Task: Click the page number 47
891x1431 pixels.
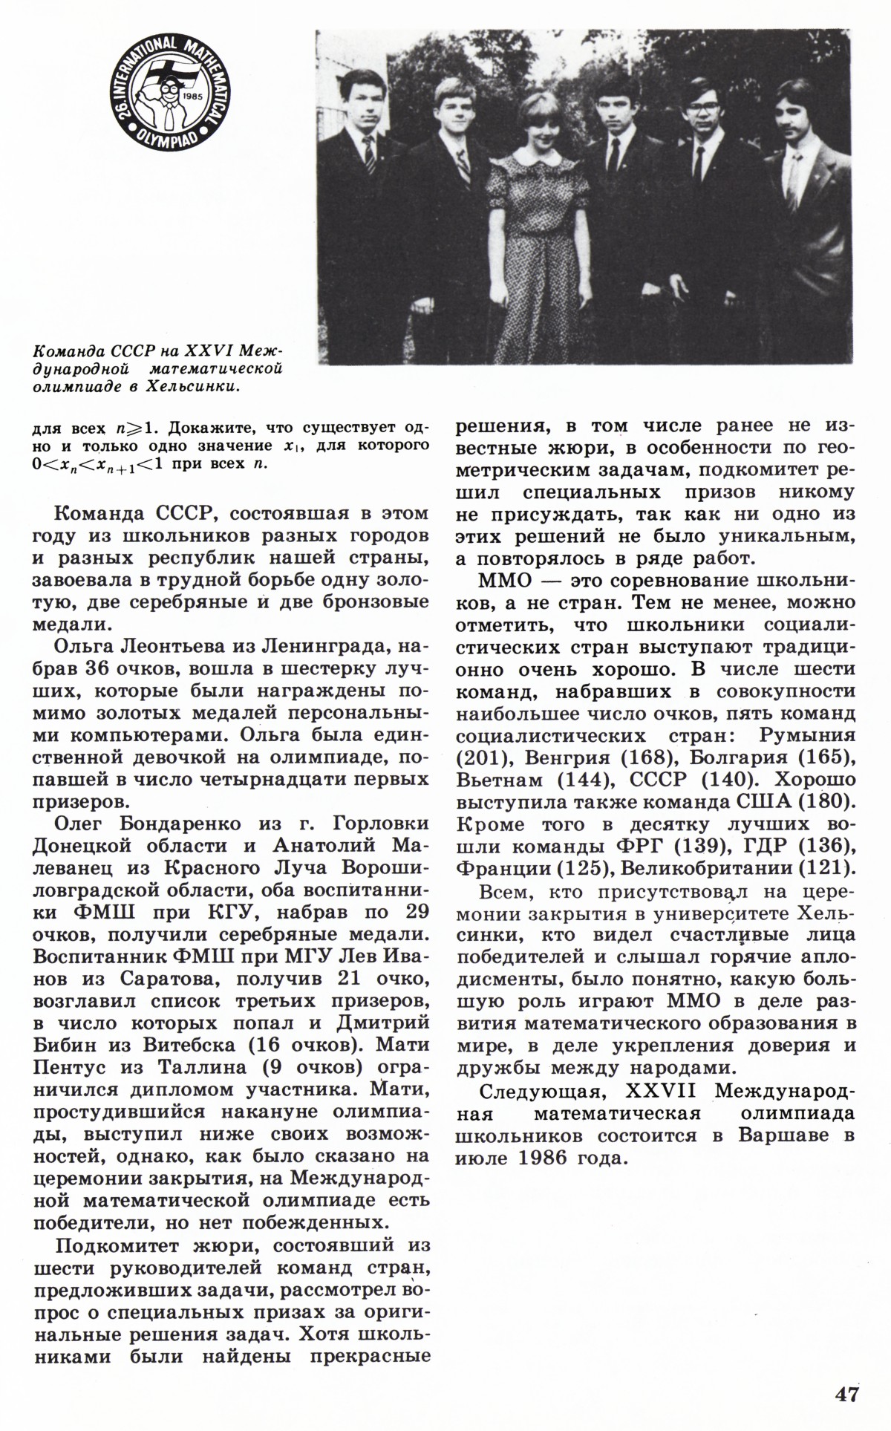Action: (x=846, y=1394)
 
